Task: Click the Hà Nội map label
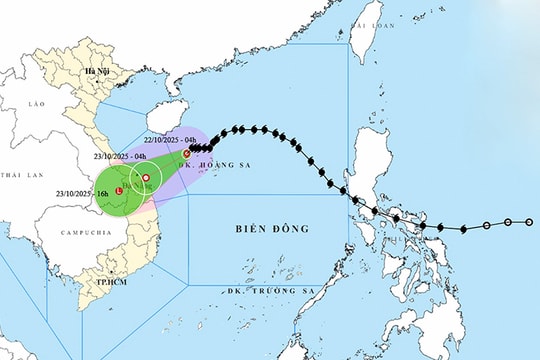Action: click(x=97, y=73)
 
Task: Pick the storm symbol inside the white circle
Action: click(x=147, y=179)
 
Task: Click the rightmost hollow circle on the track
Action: click(x=530, y=222)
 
